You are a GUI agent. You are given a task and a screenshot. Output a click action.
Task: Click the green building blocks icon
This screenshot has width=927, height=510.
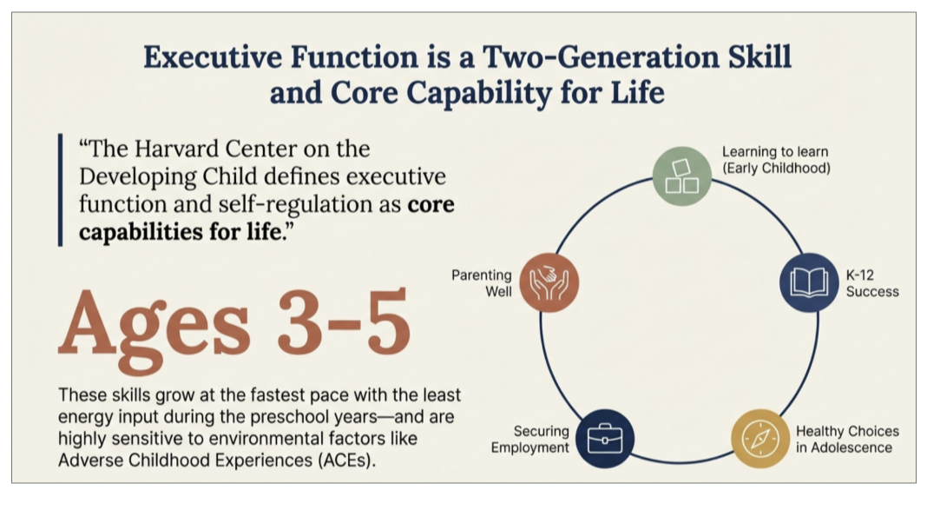pyautogui.click(x=681, y=176)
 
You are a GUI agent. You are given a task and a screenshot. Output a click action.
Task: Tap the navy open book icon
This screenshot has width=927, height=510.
pyautogui.click(x=809, y=282)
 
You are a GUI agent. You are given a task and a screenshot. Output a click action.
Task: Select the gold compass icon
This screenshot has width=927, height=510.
pyautogui.click(x=760, y=439)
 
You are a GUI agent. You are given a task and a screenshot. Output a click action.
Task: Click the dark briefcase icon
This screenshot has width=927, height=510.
pyautogui.click(x=605, y=439)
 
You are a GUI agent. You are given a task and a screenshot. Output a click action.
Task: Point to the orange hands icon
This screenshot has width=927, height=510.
pyautogui.click(x=549, y=282)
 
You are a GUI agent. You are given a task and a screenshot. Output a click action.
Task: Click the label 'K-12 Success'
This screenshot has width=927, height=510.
pyautogui.click(x=872, y=283)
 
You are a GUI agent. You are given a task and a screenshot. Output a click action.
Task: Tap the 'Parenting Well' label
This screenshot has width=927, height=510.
pyautogui.click(x=481, y=283)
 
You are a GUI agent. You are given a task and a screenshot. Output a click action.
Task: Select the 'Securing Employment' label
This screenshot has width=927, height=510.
pyautogui.click(x=529, y=439)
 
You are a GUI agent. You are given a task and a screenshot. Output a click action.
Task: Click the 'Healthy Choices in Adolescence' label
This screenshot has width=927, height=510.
pyautogui.click(x=847, y=439)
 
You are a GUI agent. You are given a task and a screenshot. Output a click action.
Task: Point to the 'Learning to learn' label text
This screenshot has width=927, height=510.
pyautogui.click(x=775, y=151)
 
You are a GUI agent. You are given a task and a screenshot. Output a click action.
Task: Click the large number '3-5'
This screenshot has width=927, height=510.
pyautogui.click(x=344, y=321)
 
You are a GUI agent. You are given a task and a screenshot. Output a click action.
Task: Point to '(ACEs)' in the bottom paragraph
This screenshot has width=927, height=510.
pyautogui.click(x=345, y=460)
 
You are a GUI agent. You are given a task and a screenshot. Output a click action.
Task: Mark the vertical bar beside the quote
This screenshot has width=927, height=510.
pyautogui.click(x=60, y=190)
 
